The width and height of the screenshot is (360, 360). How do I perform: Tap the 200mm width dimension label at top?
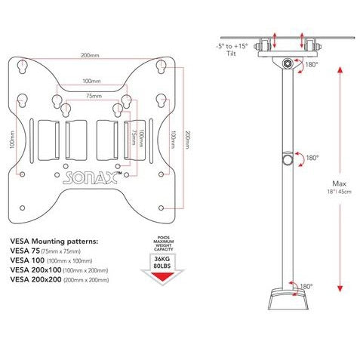tap(90, 55)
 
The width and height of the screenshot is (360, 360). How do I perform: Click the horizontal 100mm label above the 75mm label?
tap(91, 81)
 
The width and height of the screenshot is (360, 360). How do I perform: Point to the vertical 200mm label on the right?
tap(188, 140)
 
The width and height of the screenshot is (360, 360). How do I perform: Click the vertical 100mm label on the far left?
tap(12, 140)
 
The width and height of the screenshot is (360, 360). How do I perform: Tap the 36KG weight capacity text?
tap(162, 259)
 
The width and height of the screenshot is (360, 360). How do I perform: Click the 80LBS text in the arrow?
tap(162, 266)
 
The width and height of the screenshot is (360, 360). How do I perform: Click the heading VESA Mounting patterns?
tap(54, 242)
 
